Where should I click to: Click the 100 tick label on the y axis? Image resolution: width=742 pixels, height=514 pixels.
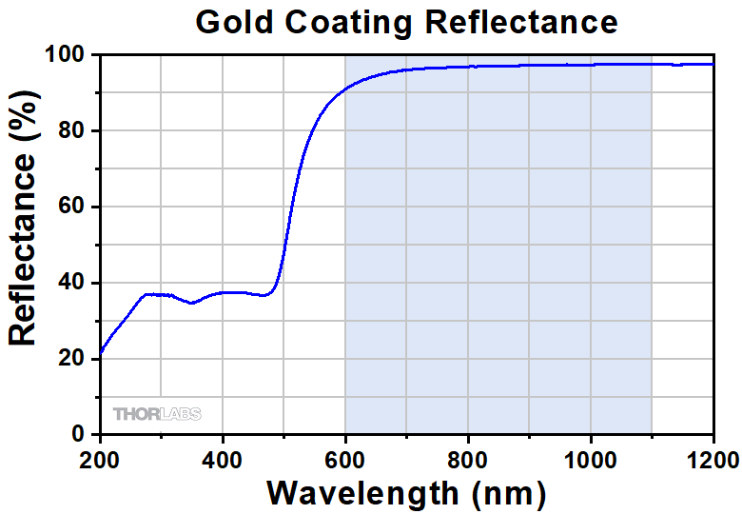[x=69, y=55]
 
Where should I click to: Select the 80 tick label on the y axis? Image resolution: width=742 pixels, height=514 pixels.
[x=75, y=130]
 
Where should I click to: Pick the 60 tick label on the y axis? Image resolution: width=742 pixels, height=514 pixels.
[x=75, y=207]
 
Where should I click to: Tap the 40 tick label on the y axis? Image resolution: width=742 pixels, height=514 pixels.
[x=75, y=283]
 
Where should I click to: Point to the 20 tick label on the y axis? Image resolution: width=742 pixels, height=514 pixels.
[x=75, y=359]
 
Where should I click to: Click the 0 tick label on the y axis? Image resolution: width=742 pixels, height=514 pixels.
[x=82, y=435]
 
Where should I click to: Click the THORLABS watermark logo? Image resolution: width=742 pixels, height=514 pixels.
[x=157, y=414]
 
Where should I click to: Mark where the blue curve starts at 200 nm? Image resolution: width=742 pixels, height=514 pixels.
[x=101, y=352]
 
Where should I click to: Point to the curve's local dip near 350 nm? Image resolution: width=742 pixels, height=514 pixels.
[x=192, y=303]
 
